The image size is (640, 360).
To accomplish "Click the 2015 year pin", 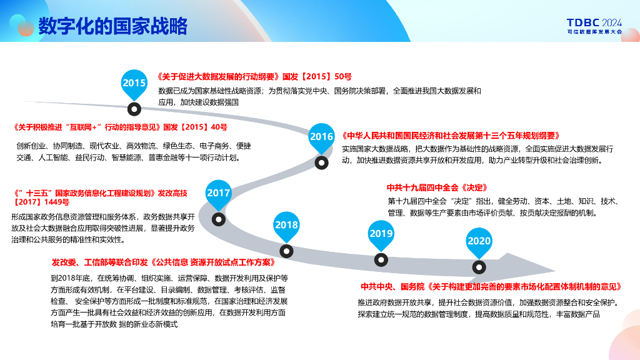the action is pyautogui.click(x=134, y=84).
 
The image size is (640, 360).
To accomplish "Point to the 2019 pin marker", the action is pyautogui.click(x=381, y=235).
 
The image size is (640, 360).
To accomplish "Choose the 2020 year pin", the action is pyautogui.click(x=479, y=242).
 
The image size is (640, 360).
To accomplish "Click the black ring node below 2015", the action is pyautogui.click(x=134, y=109).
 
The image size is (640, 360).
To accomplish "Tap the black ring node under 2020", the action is pyautogui.click(x=479, y=267).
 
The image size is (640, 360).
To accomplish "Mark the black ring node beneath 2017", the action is pyautogui.click(x=219, y=219).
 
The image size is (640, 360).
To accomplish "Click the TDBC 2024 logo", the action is pyautogui.click(x=595, y=26).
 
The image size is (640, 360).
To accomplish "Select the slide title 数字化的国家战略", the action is pyautogui.click(x=112, y=26).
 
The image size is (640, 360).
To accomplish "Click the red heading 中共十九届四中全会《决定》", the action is pyautogui.click(x=437, y=187).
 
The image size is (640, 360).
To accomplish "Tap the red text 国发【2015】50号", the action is pyautogui.click(x=317, y=77).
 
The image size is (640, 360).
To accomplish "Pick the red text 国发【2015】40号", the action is pyautogui.click(x=195, y=127).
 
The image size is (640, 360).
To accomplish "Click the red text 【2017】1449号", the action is pyautogui.click(x=41, y=202).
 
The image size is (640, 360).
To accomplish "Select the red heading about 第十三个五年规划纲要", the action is pyautogui.click(x=451, y=136).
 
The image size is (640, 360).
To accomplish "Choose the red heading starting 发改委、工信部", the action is pyautogui.click(x=163, y=262).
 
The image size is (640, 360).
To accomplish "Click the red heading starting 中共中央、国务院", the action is pyautogui.click(x=491, y=287).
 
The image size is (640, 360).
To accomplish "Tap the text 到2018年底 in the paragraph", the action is pyautogui.click(x=70, y=278).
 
